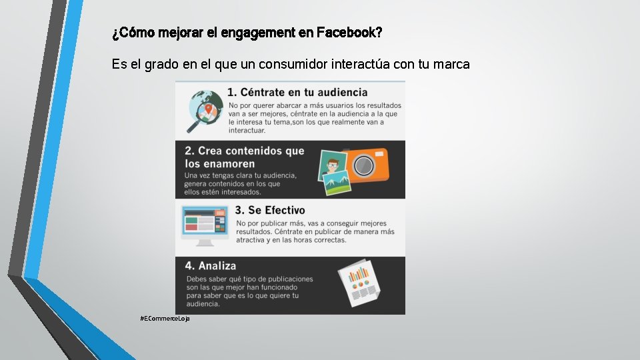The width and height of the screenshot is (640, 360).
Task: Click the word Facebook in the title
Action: pos(349,32)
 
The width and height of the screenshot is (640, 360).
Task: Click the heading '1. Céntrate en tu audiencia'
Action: pos(297,92)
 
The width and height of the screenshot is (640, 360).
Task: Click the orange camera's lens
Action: pos(363,165)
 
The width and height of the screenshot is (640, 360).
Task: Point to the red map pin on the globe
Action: pos(209,109)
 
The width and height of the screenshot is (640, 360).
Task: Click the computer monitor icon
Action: pos(204,223)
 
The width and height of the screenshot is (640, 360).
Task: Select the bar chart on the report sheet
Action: pos(359,274)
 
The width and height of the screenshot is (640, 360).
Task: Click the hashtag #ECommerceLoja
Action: pos(165,319)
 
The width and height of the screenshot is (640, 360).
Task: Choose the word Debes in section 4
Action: pos(197,279)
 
